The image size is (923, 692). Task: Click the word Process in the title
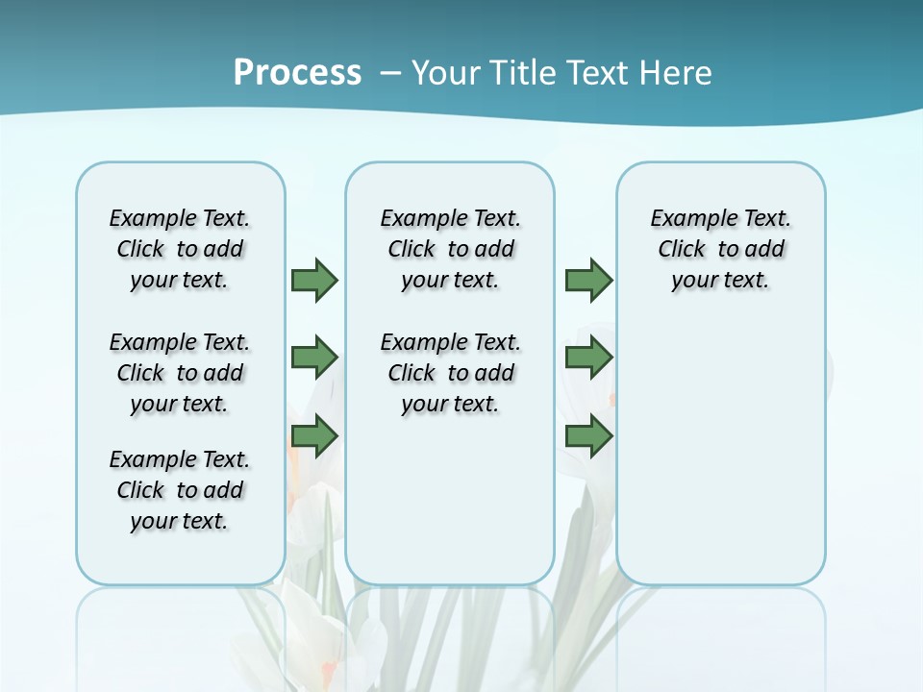pyautogui.click(x=297, y=73)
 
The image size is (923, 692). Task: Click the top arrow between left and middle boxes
pyautogui.click(x=314, y=280)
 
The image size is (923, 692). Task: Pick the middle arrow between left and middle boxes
pyautogui.click(x=314, y=358)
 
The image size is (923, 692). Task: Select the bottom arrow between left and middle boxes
pyautogui.click(x=314, y=436)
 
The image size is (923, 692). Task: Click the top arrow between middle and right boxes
pyautogui.click(x=588, y=280)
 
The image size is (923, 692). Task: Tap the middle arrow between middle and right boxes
pyautogui.click(x=588, y=358)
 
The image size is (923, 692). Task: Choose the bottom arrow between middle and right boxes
pyautogui.click(x=588, y=436)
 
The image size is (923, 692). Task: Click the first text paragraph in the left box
pyautogui.click(x=180, y=249)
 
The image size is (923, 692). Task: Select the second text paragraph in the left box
pyautogui.click(x=180, y=373)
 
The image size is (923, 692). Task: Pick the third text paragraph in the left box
pyautogui.click(x=180, y=490)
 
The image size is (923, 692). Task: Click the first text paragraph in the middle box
pyautogui.click(x=450, y=249)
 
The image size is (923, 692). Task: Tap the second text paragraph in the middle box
pyautogui.click(x=450, y=373)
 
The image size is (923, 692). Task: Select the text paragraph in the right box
pyautogui.click(x=720, y=249)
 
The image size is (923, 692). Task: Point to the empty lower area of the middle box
pyautogui.click(x=450, y=500)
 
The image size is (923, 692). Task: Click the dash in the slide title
pyautogui.click(x=390, y=73)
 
